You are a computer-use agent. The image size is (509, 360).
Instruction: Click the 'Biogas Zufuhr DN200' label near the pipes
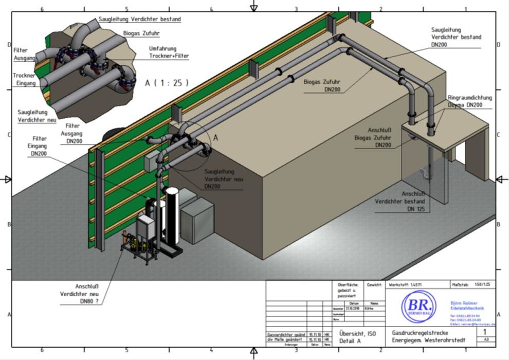322,85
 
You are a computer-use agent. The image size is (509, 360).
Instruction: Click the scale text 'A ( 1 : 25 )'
167,82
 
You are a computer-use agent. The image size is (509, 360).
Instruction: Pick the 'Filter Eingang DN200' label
40,146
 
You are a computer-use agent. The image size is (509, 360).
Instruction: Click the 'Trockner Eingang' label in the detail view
24,79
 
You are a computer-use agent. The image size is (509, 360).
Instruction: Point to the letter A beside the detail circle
215,138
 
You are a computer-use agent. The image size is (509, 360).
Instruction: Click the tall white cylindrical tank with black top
171,216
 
